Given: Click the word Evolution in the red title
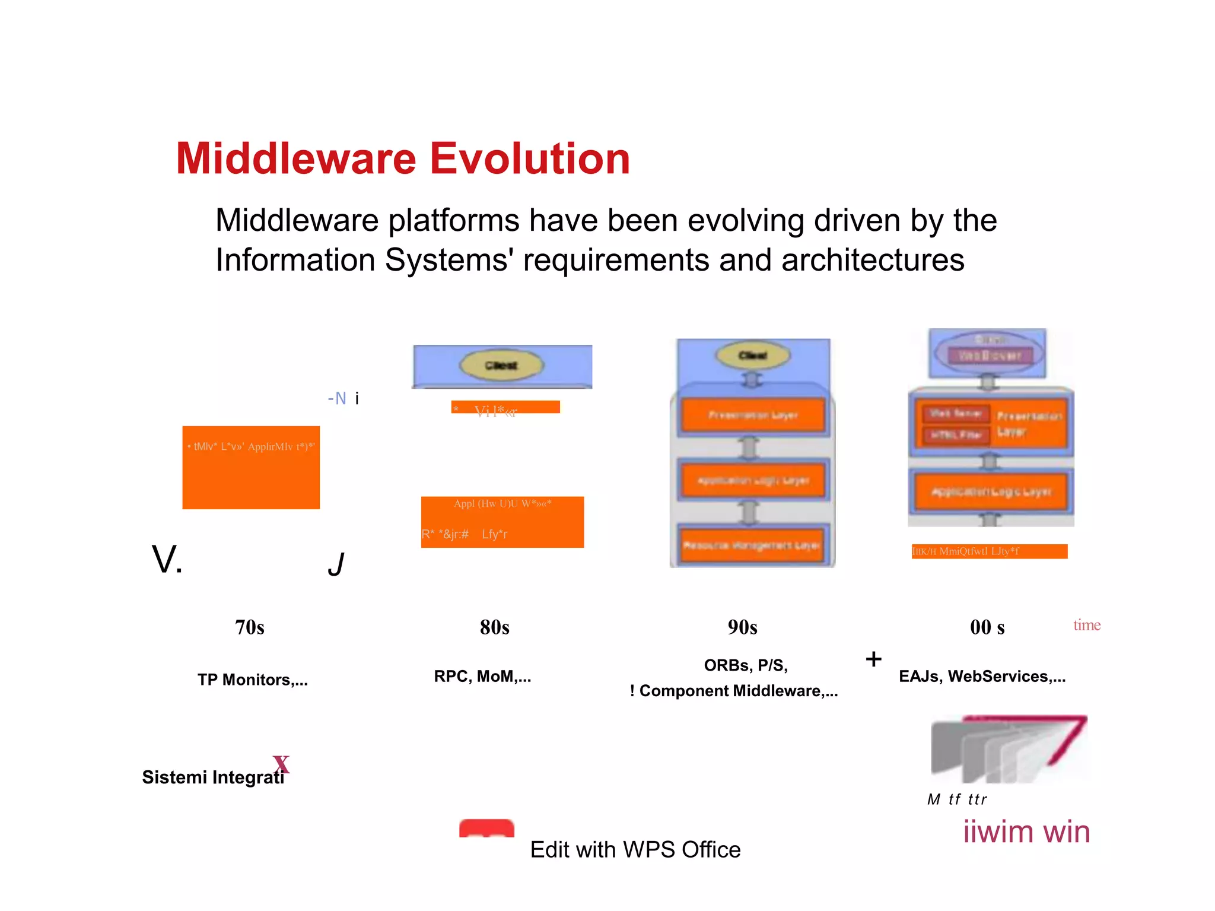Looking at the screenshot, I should click(529, 159).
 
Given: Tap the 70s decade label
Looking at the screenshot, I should click(249, 627).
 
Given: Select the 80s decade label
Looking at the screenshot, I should click(494, 627).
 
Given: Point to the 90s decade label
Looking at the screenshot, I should click(742, 627).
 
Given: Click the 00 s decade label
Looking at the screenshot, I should click(987, 627).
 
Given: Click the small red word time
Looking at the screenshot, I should click(1086, 625).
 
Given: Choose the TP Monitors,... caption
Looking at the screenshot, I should click(253, 680).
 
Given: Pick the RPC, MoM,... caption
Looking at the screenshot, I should click(482, 676).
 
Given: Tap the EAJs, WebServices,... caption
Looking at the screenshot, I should click(982, 676).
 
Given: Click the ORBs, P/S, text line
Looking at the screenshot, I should click(745, 665).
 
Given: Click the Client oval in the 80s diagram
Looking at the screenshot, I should click(501, 365).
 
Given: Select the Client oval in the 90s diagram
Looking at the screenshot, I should click(752, 355).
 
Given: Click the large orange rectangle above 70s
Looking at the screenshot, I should click(251, 468).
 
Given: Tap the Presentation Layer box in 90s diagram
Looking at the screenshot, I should click(752, 415).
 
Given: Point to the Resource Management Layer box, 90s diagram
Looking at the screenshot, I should click(751, 545).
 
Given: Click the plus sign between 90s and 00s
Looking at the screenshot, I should click(873, 659).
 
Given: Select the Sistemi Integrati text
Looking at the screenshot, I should click(212, 777).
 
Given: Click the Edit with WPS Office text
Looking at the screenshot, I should click(635, 849).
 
